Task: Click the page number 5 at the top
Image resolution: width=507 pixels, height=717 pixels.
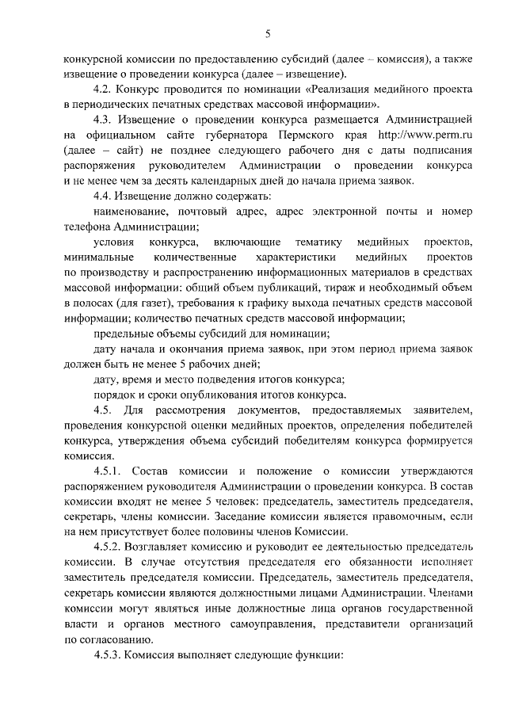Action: pos(268,33)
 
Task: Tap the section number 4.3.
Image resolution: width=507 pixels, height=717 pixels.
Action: pos(103,120)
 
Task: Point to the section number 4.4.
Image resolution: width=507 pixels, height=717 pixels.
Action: pos(103,196)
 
